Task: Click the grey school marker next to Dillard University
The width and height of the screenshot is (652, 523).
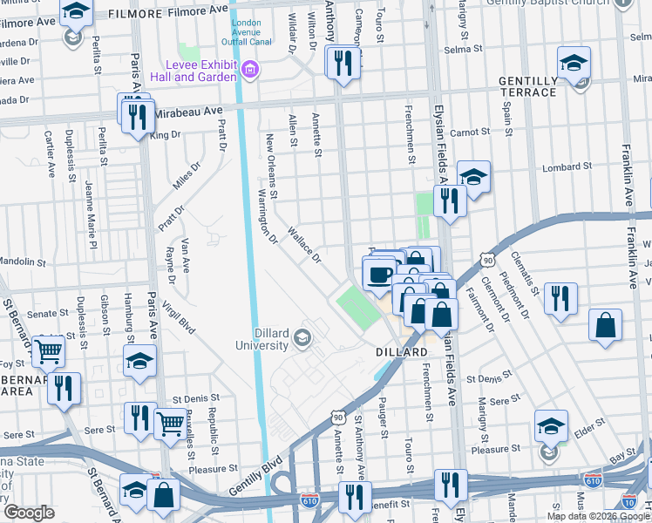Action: point(302,337)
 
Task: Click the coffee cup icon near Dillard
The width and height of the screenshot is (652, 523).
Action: point(378,275)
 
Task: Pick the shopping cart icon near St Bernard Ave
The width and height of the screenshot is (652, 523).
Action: point(48,351)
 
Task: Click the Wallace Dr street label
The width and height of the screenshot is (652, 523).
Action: point(305,246)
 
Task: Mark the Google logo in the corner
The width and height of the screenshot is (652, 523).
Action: point(30,513)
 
